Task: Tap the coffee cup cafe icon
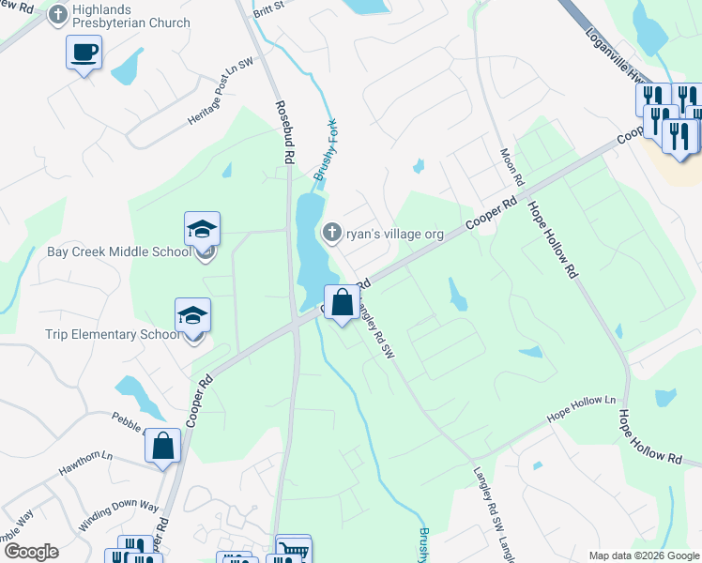(x=84, y=52)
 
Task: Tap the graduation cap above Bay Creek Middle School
(x=202, y=229)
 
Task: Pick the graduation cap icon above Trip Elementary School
(x=192, y=314)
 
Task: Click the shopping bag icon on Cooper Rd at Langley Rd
(x=342, y=302)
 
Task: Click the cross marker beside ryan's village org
(x=331, y=232)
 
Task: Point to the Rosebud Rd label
(x=280, y=134)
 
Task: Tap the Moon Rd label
(x=512, y=166)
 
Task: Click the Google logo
(x=30, y=552)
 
